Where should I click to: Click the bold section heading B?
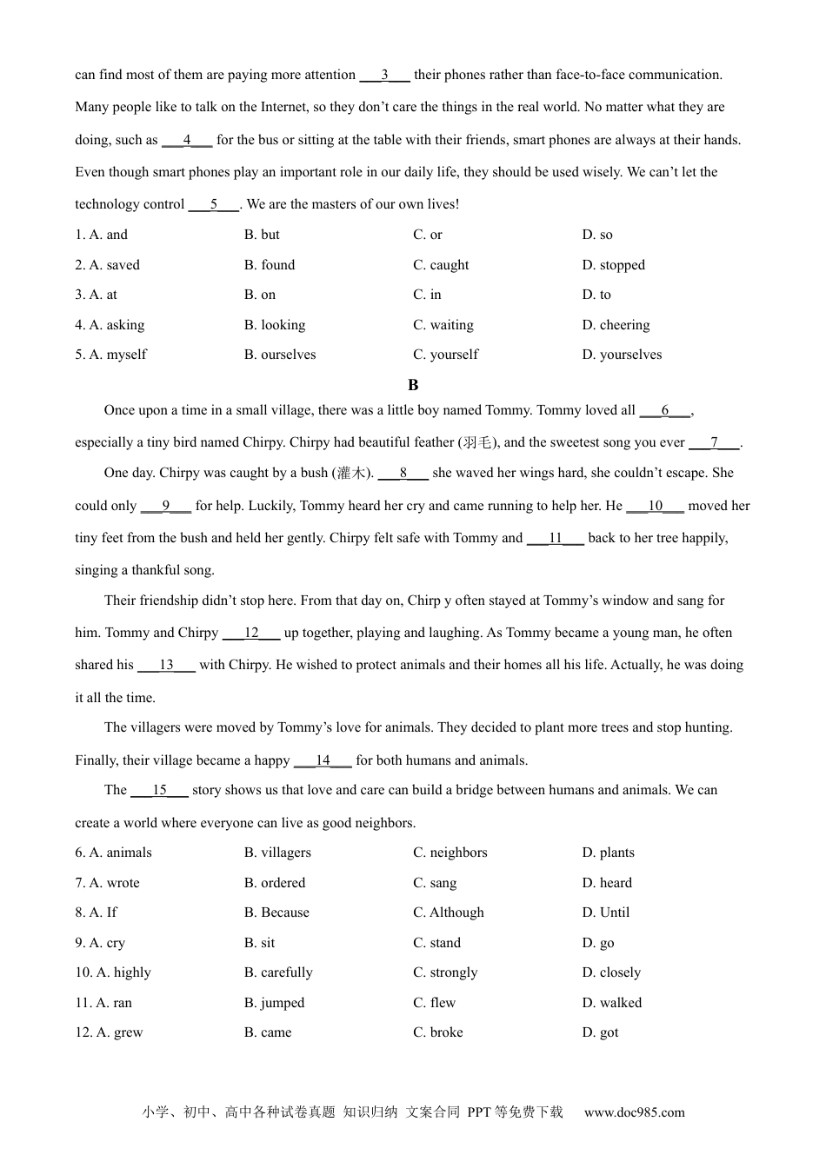[x=413, y=385]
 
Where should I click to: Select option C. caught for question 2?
[x=441, y=265]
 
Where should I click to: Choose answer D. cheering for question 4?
[x=616, y=325]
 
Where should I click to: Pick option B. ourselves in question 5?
[x=280, y=355]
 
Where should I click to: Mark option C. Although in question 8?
[x=449, y=912]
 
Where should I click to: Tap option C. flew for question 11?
[x=435, y=1003]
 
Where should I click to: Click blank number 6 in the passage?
[x=665, y=410]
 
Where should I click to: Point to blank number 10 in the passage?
[x=655, y=506]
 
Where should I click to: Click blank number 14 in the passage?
[x=323, y=760]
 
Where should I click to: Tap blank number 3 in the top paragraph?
[x=384, y=75]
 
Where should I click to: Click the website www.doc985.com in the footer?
[x=634, y=1112]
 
